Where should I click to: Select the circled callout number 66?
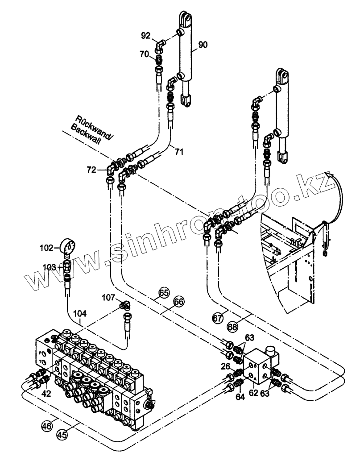178,302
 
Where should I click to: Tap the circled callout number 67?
217,318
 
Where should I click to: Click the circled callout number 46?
47,426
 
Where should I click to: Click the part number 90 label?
203,45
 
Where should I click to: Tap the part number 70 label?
145,54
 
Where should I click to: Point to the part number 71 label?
179,152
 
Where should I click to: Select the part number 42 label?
46,394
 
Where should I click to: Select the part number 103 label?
50,267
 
